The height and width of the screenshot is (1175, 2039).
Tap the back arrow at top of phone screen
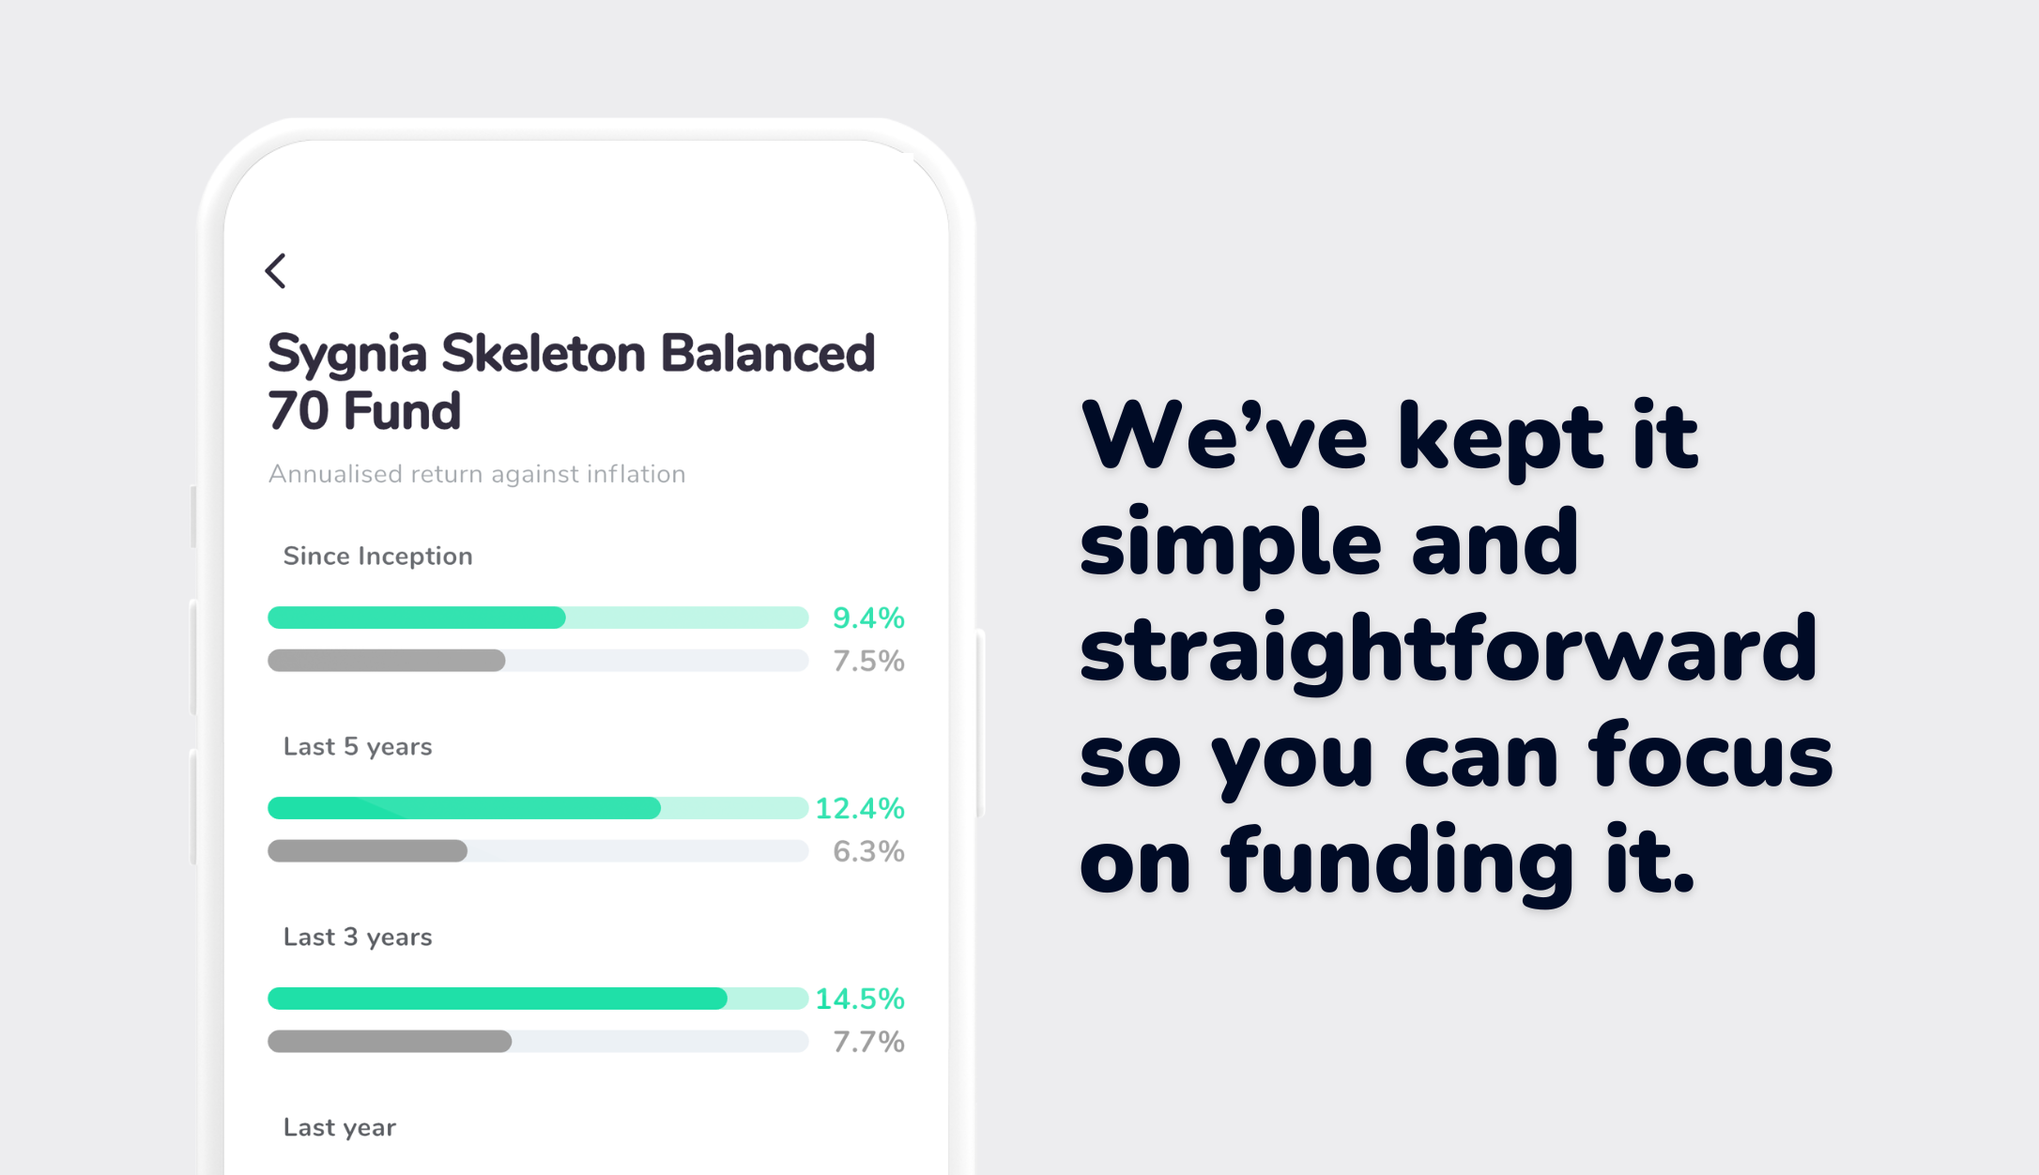click(275, 270)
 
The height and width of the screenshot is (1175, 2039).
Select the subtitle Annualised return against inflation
click(477, 474)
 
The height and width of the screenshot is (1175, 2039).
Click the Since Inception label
click(377, 557)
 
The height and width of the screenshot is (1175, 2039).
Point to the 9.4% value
click(868, 618)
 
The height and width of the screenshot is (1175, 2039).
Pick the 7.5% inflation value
click(868, 661)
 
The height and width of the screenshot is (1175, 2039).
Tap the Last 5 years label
click(358, 747)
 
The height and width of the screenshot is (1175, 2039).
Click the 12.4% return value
click(859, 808)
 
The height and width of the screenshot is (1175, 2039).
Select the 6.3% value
click(868, 851)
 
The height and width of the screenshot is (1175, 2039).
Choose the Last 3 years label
click(358, 938)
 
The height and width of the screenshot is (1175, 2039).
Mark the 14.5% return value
click(859, 999)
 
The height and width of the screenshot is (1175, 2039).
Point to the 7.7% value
click(868, 1042)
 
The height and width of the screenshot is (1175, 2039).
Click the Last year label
click(340, 1128)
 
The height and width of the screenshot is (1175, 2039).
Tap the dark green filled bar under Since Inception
click(417, 618)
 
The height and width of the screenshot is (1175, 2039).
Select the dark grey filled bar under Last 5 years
click(367, 851)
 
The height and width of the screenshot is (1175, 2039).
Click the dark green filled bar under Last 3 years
click(498, 999)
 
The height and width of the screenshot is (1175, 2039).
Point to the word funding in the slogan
click(1397, 862)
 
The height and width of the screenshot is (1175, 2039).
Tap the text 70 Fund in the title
click(364, 411)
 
